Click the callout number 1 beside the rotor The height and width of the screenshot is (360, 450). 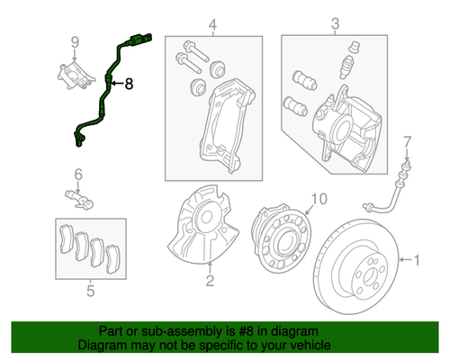coord(417,261)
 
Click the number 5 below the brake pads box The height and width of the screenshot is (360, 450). coord(90,291)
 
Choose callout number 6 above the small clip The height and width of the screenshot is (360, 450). coord(77,174)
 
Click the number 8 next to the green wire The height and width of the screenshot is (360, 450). coord(128,84)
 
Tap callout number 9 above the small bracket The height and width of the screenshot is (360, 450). coord(76,40)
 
